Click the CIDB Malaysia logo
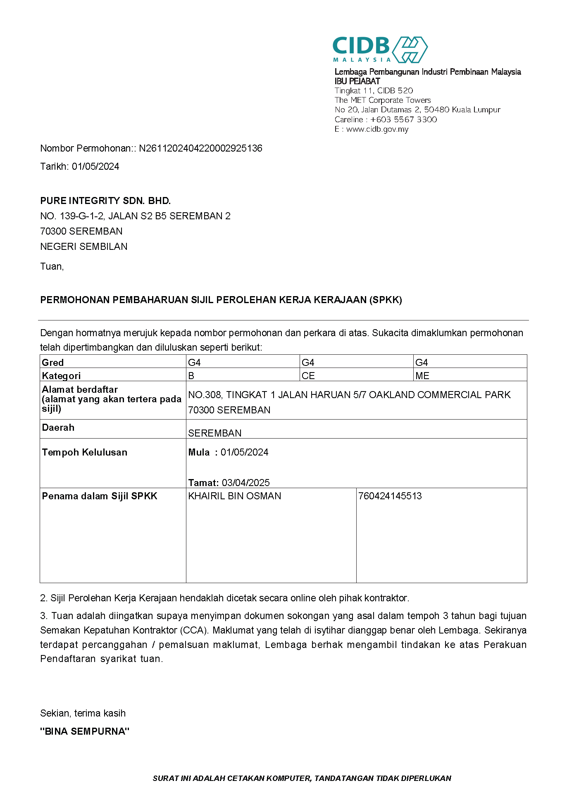click(x=379, y=49)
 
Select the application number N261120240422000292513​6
click(x=200, y=148)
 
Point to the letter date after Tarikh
click(x=95, y=166)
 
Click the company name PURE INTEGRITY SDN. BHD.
click(x=105, y=201)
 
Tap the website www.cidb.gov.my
click(x=377, y=129)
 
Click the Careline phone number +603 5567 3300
click(x=403, y=120)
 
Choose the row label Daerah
click(x=58, y=427)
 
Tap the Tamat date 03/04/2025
click(x=245, y=483)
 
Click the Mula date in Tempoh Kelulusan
click(x=244, y=452)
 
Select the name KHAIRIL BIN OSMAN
click(x=235, y=496)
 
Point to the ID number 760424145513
click(x=390, y=496)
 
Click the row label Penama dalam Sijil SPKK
click(x=100, y=496)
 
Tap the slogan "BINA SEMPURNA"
click(x=85, y=731)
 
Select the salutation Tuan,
click(x=52, y=266)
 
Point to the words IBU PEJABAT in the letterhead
click(x=357, y=81)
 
